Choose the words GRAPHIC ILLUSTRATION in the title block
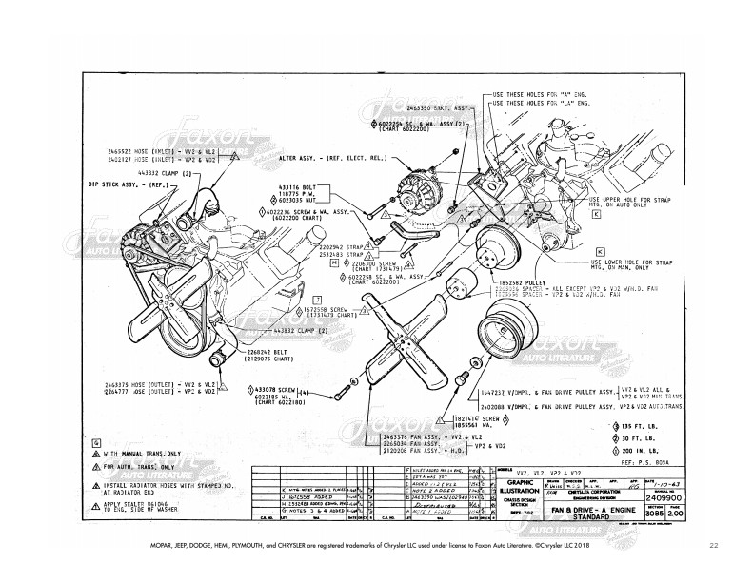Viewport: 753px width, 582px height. (521, 487)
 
